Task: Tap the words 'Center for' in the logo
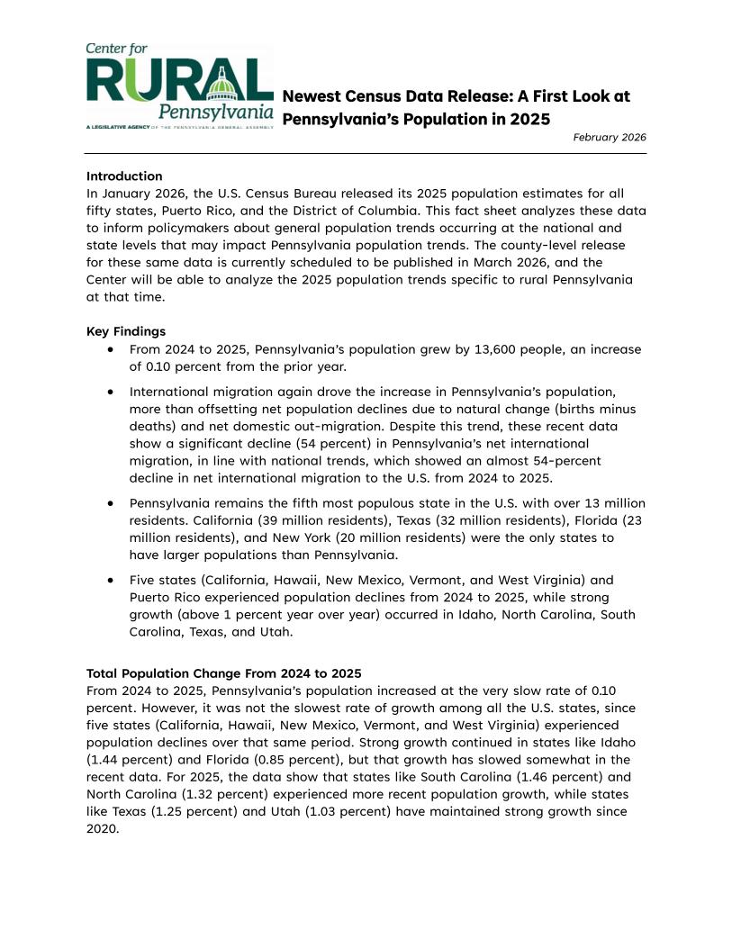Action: [117, 49]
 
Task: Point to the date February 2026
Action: [610, 138]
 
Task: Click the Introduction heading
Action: [124, 176]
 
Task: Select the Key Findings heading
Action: [126, 331]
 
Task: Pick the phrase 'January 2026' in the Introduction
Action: [141, 194]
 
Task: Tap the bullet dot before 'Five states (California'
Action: [110, 581]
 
